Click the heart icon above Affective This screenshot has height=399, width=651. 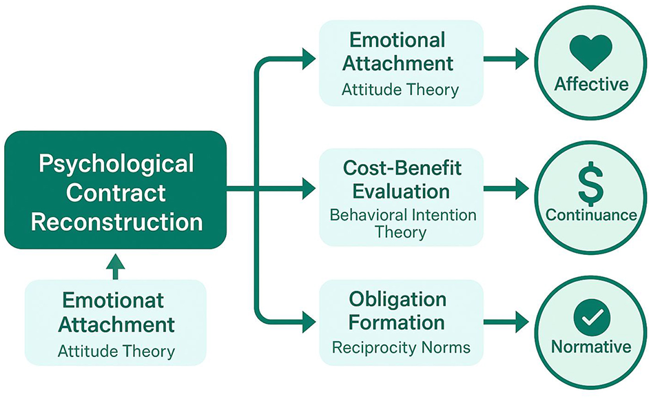(x=591, y=53)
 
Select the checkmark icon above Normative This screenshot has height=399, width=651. (x=591, y=316)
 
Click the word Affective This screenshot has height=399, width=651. (x=591, y=84)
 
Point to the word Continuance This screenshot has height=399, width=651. (x=591, y=214)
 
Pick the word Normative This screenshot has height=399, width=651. (x=591, y=346)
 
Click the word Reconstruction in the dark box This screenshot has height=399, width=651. (x=116, y=223)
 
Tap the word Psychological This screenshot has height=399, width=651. (x=116, y=164)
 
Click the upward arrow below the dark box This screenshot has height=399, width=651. (x=116, y=266)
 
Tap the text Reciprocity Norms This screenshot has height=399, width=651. (x=401, y=347)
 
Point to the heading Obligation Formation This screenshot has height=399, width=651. (x=397, y=310)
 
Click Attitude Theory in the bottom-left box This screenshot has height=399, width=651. (x=116, y=351)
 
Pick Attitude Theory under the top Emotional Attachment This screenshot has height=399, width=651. (x=400, y=89)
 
